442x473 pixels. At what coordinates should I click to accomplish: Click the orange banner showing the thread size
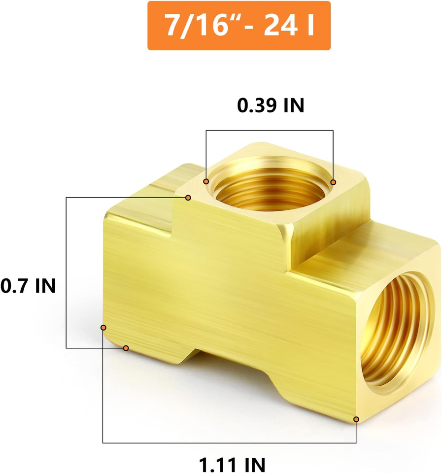tap(239, 26)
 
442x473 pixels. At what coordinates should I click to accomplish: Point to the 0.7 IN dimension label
tap(28, 285)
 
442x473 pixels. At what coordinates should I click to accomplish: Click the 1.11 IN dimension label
tap(232, 464)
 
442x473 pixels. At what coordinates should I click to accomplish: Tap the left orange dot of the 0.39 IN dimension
tap(206, 182)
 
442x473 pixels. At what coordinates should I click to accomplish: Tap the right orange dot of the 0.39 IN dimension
tap(333, 183)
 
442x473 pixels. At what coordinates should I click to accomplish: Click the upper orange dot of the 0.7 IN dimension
tap(188, 198)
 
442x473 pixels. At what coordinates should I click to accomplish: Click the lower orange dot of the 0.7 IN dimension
tap(126, 348)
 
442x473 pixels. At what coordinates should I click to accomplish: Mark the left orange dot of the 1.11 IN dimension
tap(103, 327)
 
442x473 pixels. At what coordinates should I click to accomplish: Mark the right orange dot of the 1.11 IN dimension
tap(356, 420)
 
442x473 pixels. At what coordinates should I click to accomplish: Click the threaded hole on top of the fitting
tap(269, 190)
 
